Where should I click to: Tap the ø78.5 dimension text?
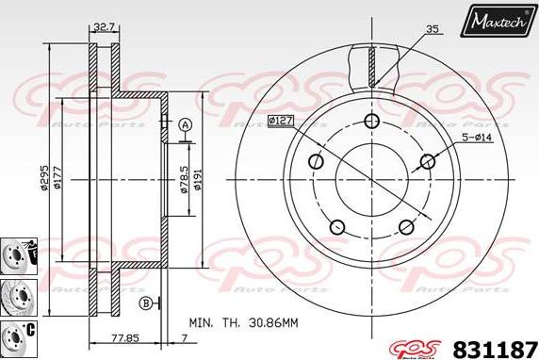coord(184,177)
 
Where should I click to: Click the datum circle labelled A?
coord(185,125)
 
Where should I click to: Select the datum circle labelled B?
coord(145,303)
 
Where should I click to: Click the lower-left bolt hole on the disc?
coord(335,226)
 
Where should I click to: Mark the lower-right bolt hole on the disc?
coord(406,226)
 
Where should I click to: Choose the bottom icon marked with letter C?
coord(16,334)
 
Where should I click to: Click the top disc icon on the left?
coord(16,252)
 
